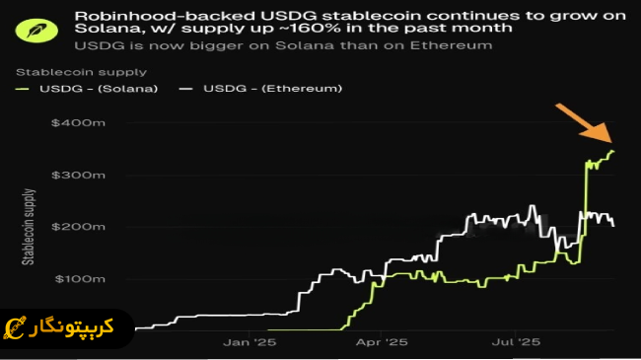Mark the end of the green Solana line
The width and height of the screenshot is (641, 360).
[x=613, y=152]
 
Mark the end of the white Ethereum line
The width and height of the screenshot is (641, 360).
[x=613, y=226]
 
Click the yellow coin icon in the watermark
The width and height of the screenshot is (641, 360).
[x=17, y=325]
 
